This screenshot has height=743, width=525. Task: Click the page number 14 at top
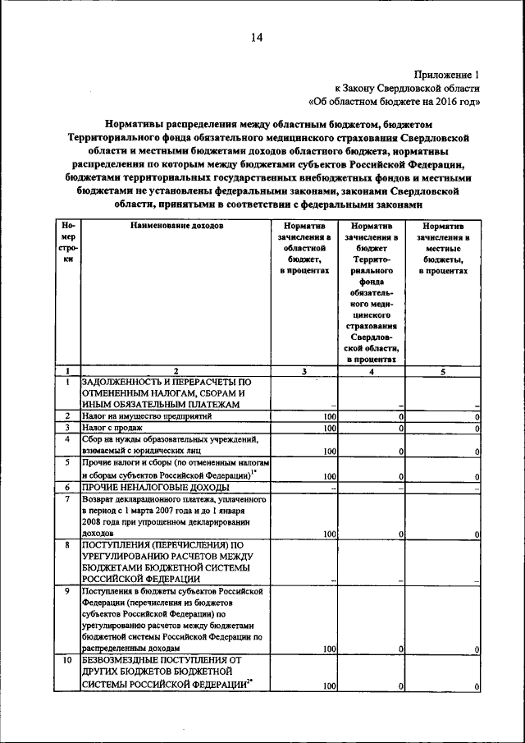pyautogui.click(x=256, y=36)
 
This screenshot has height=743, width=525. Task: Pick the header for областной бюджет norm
pyautogui.click(x=304, y=247)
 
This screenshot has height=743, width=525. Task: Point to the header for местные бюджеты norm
pyautogui.click(x=443, y=247)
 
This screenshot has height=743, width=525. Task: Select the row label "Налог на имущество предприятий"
pyautogui.click(x=147, y=416)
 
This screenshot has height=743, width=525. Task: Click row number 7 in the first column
pyautogui.click(x=66, y=498)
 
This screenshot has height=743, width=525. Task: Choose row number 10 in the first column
pyautogui.click(x=66, y=659)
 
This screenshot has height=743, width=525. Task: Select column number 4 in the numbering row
pyautogui.click(x=372, y=370)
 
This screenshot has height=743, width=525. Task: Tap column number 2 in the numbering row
pyautogui.click(x=175, y=370)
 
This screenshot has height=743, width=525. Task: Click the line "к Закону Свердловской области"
pyautogui.click(x=406, y=88)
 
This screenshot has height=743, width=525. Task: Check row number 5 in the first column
pyautogui.click(x=66, y=463)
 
